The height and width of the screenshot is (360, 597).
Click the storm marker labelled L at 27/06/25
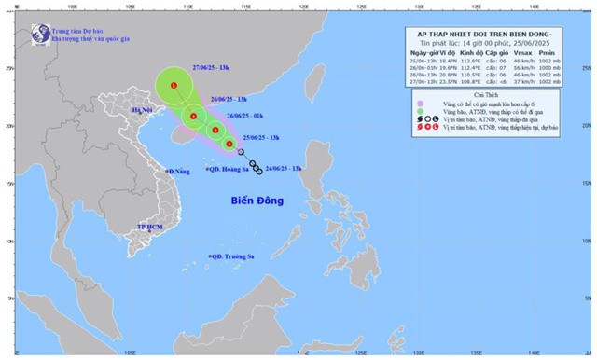[x=174, y=86]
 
